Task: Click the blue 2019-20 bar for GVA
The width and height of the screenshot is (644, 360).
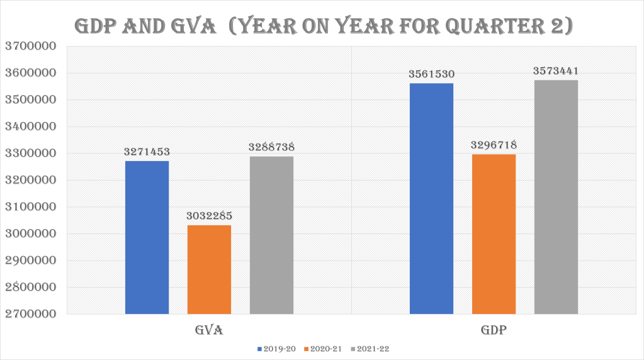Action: point(147,237)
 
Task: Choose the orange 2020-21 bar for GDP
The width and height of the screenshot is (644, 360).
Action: point(494,234)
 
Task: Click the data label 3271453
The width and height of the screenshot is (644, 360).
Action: point(147,152)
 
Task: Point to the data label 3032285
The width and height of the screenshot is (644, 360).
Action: point(209,216)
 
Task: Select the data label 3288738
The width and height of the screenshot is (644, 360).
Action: point(271,147)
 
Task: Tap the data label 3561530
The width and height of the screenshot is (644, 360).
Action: point(431,74)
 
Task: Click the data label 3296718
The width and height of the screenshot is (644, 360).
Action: point(494,145)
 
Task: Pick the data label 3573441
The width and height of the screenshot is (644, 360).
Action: point(556,70)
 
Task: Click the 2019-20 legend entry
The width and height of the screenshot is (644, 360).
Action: point(277,348)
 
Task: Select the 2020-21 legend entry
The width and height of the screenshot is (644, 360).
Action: point(325,348)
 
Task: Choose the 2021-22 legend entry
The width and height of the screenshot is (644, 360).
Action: point(373,348)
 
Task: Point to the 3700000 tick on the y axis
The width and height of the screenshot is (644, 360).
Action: point(30,46)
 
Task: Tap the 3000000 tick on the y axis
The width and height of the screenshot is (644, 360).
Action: point(30,234)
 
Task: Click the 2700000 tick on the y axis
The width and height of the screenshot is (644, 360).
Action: point(30,315)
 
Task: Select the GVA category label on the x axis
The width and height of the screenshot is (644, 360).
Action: point(209,330)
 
